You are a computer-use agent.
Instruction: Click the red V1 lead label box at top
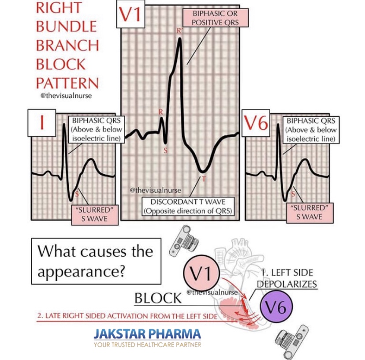click(131, 15)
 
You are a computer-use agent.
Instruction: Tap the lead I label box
click(42, 123)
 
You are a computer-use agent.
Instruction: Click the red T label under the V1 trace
click(203, 179)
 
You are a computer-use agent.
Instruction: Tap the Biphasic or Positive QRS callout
click(215, 17)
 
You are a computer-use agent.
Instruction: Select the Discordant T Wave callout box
click(188, 206)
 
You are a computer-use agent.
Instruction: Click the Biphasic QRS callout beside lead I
click(95, 130)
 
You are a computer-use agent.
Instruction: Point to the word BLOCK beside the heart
click(158, 298)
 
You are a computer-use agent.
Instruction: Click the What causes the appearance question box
click(95, 261)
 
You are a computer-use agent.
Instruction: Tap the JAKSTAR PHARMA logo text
click(147, 334)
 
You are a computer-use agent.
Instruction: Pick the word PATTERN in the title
click(67, 83)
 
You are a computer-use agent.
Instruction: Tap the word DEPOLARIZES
click(287, 284)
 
